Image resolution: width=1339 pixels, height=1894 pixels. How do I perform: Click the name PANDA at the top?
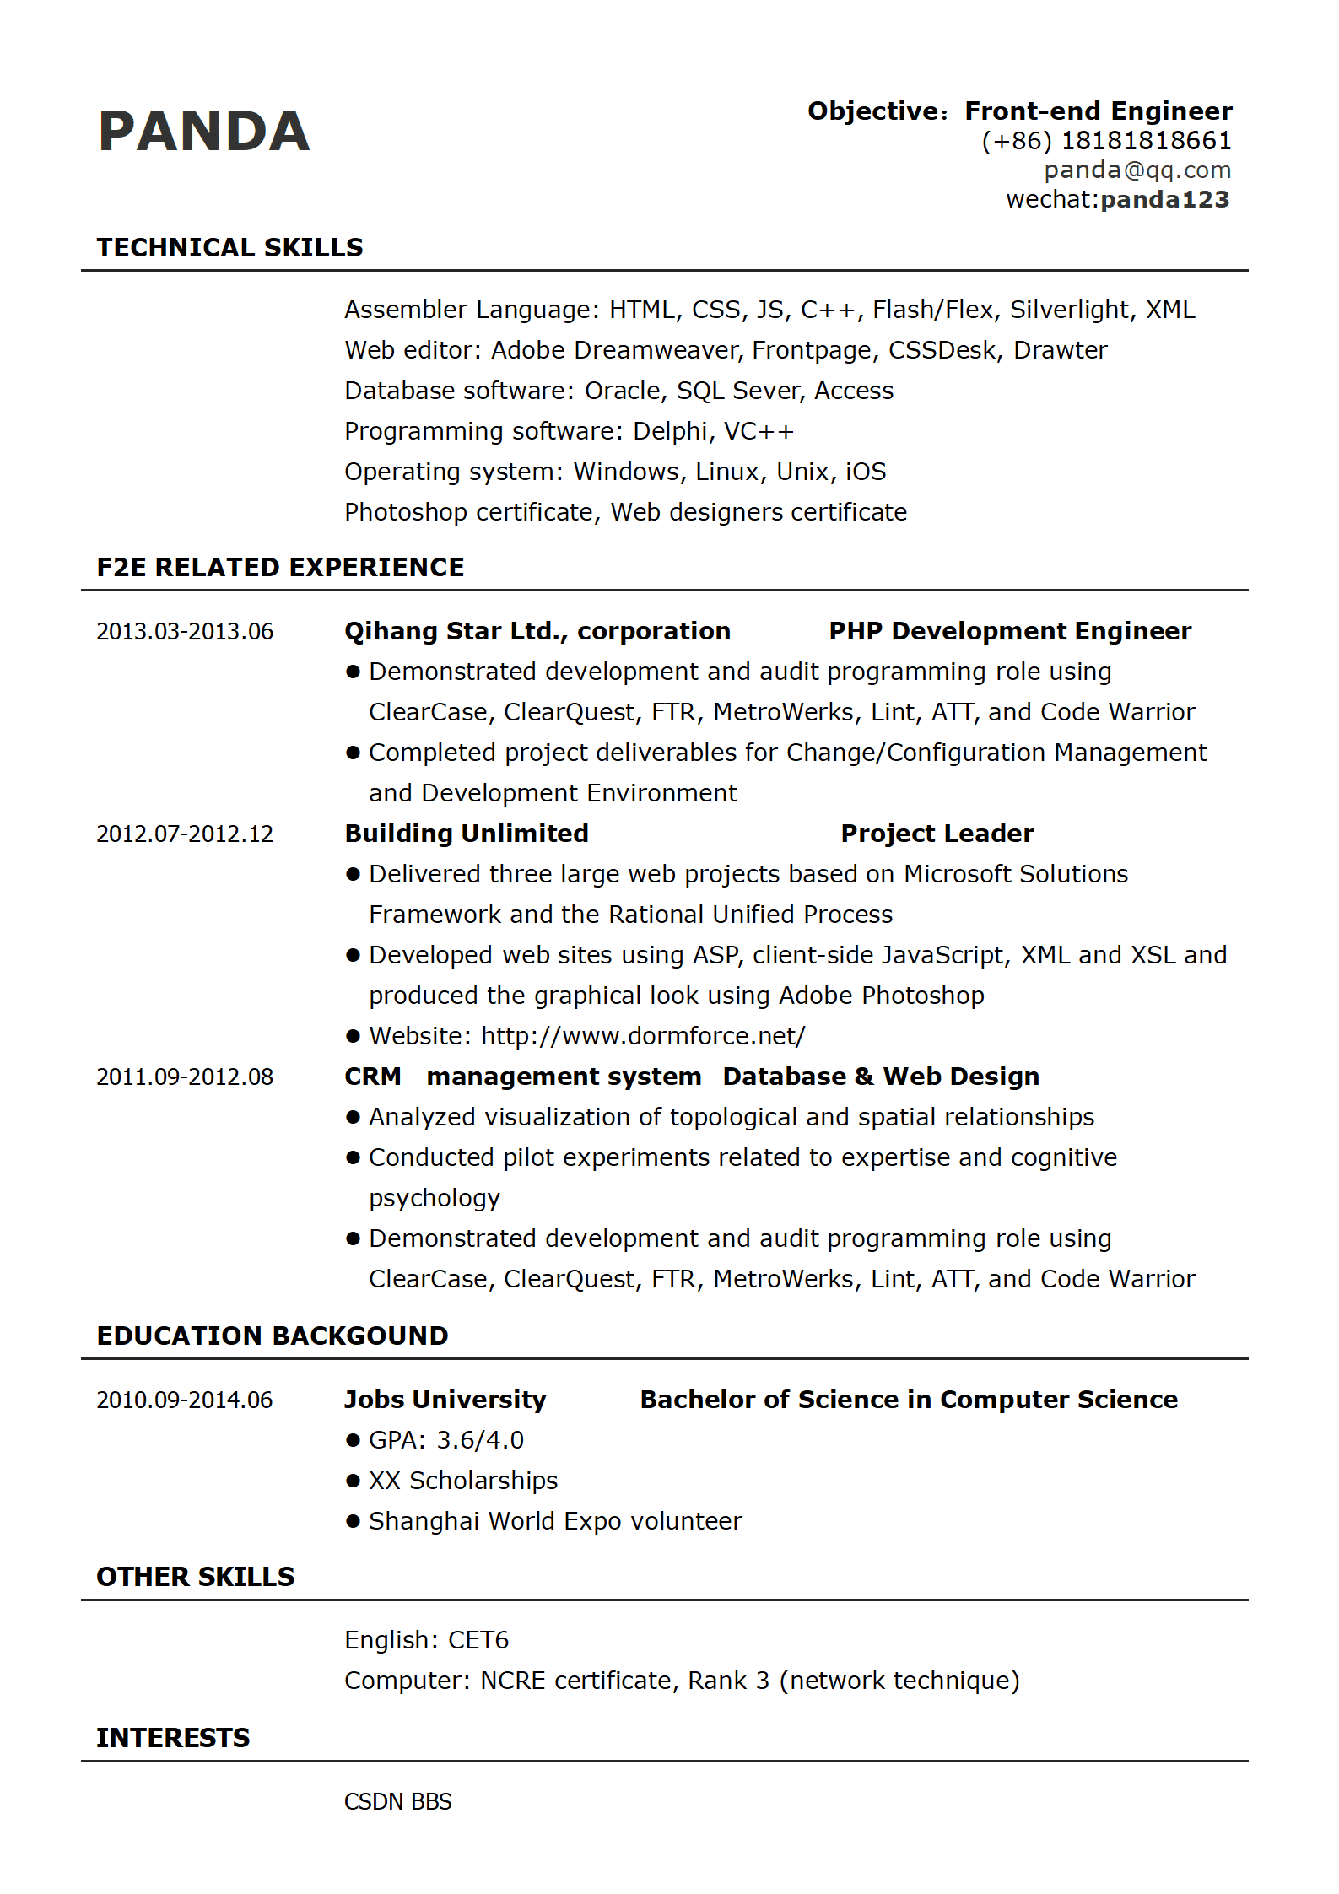pyautogui.click(x=204, y=132)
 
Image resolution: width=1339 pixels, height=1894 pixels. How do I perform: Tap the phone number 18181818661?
pyautogui.click(x=1146, y=141)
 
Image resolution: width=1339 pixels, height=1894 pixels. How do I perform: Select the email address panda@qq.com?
pyautogui.click(x=1137, y=170)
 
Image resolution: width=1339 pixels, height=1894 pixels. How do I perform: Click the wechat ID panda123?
pyautogui.click(x=1165, y=200)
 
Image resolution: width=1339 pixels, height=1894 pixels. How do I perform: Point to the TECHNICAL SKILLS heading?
pyautogui.click(x=229, y=247)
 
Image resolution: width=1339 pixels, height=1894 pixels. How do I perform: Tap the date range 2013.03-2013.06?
pyautogui.click(x=185, y=631)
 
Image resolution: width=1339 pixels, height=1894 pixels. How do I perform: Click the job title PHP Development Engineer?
pyautogui.click(x=1010, y=631)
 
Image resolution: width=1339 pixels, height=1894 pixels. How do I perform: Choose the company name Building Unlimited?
pyautogui.click(x=467, y=834)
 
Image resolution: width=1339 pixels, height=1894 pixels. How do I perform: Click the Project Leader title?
pyautogui.click(x=937, y=834)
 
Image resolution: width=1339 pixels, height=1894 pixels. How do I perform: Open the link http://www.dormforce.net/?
pyautogui.click(x=643, y=1036)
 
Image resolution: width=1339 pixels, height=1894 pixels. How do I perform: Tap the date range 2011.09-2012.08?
pyautogui.click(x=185, y=1077)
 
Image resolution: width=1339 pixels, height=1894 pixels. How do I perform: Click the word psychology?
pyautogui.click(x=435, y=1198)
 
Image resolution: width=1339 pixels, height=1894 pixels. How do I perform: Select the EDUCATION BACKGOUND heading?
pyautogui.click(x=273, y=1336)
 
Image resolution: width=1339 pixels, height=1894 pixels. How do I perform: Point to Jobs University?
pyautogui.click(x=445, y=1400)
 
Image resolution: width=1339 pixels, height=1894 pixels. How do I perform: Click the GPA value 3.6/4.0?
pyautogui.click(x=480, y=1440)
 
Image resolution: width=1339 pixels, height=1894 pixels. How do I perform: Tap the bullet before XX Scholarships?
pyautogui.click(x=353, y=1481)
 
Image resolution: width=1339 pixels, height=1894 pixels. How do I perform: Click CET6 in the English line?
pyautogui.click(x=478, y=1640)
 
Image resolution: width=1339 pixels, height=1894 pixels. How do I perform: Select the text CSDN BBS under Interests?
pyautogui.click(x=397, y=1802)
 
